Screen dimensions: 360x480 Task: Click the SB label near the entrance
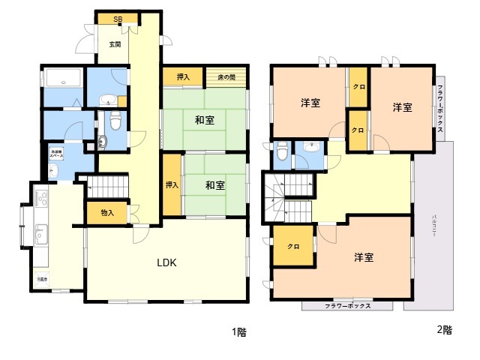pos(119,19)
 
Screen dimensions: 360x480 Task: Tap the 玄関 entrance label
pos(115,44)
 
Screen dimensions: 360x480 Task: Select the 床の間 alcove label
pos(226,76)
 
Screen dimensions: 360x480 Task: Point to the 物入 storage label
pos(107,213)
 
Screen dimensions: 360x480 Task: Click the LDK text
pos(166,263)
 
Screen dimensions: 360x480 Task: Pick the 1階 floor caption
pos(238,331)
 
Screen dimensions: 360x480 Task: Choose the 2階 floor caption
pos(444,329)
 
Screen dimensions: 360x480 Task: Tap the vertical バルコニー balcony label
pos(434,226)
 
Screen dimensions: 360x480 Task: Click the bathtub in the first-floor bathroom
pos(63,78)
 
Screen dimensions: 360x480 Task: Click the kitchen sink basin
pos(40,235)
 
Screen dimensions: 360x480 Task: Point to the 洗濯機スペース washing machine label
pos(56,154)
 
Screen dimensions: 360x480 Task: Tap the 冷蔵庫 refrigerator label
pos(42,280)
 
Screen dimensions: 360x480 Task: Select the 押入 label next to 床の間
pos(183,76)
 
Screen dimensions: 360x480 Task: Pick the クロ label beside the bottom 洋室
pos(293,247)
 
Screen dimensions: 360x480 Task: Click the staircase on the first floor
pos(104,185)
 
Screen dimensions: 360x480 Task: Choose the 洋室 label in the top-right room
pos(402,107)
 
